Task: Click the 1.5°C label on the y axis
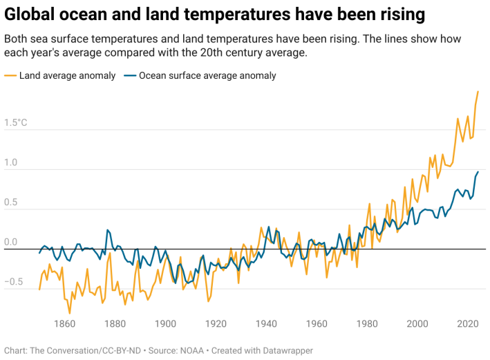[16, 124]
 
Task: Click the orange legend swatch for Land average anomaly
[10, 76]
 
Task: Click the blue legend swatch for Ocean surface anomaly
[130, 76]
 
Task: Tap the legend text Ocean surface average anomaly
[207, 76]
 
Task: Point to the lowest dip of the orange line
[70, 313]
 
